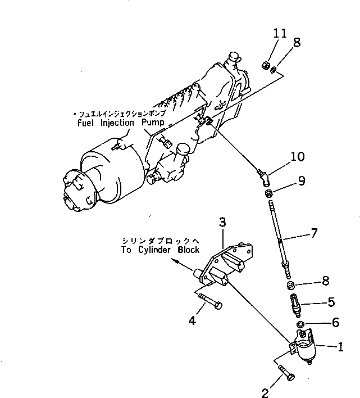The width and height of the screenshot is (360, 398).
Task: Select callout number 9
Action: (x=302, y=181)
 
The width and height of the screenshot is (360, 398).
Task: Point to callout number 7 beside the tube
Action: (x=315, y=232)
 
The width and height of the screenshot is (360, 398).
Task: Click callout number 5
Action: (x=331, y=302)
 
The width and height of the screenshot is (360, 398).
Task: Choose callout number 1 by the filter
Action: (x=339, y=347)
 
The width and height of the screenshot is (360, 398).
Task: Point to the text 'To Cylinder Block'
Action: (x=160, y=250)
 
